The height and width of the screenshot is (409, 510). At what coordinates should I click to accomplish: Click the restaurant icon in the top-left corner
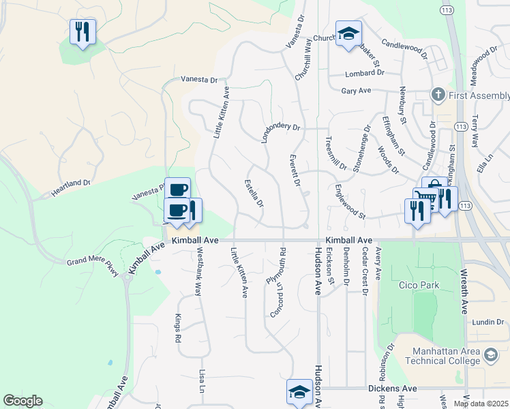click(x=82, y=31)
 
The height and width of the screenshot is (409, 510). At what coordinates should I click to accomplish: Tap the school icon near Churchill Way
click(x=348, y=33)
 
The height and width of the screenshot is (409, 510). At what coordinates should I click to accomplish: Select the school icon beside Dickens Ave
click(x=299, y=392)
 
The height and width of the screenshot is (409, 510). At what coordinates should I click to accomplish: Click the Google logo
click(x=22, y=401)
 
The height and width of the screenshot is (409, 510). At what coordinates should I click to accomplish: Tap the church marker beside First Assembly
click(x=437, y=94)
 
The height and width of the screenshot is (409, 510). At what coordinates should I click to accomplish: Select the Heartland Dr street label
click(x=70, y=188)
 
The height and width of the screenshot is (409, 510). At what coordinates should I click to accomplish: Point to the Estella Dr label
click(x=255, y=193)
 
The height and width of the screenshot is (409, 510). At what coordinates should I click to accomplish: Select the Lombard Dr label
click(x=365, y=73)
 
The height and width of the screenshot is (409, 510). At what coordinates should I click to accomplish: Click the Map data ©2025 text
click(x=481, y=404)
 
